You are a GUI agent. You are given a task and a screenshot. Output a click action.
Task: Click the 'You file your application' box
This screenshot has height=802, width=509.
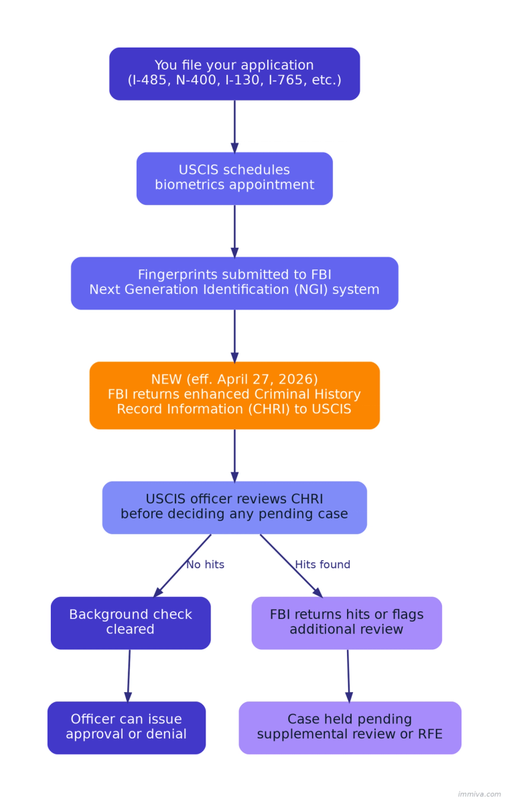click(234, 74)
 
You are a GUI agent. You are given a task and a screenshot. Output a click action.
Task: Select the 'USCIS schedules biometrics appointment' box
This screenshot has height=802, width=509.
click(234, 178)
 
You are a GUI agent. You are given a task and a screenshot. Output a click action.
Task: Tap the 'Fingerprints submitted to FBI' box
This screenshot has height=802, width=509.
click(234, 283)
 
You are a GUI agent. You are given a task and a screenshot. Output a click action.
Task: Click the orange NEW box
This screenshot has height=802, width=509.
click(234, 395)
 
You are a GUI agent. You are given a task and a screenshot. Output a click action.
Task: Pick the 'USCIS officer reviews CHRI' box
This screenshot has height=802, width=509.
click(234, 507)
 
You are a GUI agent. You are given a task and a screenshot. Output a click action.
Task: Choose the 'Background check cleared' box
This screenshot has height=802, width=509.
click(131, 622)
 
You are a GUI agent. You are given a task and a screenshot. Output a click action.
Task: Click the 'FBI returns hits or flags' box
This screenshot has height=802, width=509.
click(346, 622)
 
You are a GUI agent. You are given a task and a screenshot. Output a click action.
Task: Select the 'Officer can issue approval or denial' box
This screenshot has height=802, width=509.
click(126, 727)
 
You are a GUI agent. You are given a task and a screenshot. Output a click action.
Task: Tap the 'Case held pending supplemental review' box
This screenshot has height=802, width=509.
click(350, 727)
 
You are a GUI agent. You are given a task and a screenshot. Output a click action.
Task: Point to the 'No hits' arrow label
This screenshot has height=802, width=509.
click(205, 565)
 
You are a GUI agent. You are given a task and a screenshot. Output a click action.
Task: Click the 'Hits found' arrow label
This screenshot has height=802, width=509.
click(323, 565)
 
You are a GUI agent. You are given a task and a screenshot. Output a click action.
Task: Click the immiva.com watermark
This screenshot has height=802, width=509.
click(479, 794)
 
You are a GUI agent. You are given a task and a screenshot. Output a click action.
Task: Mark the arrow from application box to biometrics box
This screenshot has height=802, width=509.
click(234, 126)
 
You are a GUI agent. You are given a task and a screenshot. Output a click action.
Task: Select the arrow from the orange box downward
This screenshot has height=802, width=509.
click(234, 455)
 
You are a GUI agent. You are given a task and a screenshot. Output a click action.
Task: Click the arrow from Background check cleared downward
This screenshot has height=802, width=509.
click(129, 675)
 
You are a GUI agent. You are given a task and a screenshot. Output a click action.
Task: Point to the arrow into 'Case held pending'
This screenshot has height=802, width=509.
click(348, 675)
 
